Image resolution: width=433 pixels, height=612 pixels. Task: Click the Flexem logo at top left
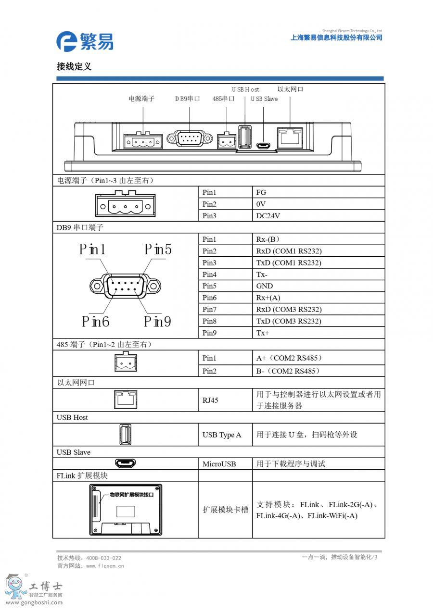point(84,41)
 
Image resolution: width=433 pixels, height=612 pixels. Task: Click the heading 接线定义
point(74,67)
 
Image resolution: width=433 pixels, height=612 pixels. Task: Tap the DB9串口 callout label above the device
point(188,99)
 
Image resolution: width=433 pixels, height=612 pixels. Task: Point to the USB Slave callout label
point(264,99)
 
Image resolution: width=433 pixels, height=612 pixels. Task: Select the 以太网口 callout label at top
point(290,89)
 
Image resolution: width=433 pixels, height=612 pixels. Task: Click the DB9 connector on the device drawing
point(190,139)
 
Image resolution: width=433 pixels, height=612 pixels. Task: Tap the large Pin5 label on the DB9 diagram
point(158,250)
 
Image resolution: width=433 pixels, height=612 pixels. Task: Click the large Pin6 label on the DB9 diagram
point(95,321)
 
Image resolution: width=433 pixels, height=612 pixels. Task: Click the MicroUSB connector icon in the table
point(126,463)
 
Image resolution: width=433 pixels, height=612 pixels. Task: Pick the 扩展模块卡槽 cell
point(225,510)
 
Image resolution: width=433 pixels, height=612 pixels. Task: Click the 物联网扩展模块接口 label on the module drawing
point(131,494)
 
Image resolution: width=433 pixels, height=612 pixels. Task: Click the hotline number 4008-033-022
point(103,558)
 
